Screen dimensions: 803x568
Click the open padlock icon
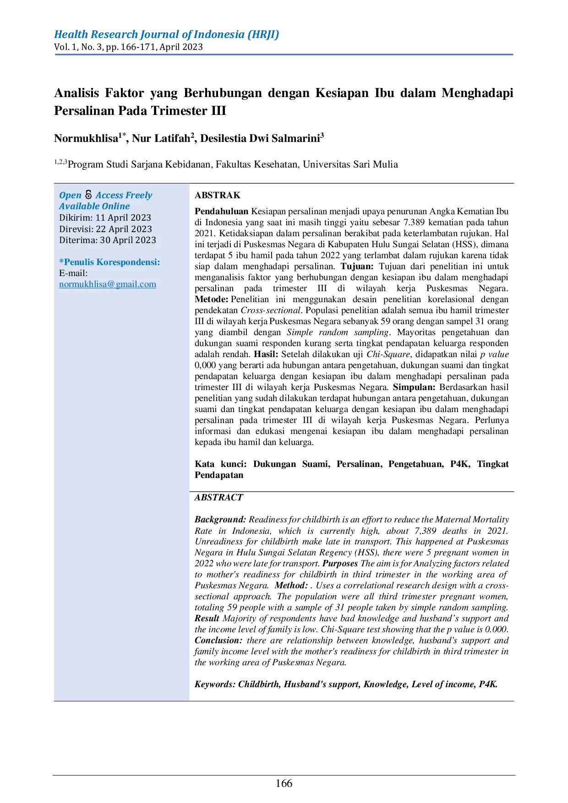pyautogui.click(x=88, y=195)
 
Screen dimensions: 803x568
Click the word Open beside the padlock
pyautogui.click(x=70, y=195)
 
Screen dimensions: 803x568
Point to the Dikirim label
pyautogui.click(x=76, y=218)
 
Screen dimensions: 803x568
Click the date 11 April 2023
pyautogui.click(x=123, y=218)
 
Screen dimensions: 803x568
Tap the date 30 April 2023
pyautogui.click(x=128, y=240)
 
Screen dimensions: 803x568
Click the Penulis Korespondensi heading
pyautogui.click(x=109, y=262)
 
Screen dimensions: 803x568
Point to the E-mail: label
pyautogui.click(x=73, y=273)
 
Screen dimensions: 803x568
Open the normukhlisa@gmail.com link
pyautogui.click(x=108, y=284)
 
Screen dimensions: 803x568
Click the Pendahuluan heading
pyautogui.click(x=221, y=212)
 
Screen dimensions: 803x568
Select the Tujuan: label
pyautogui.click(x=357, y=266)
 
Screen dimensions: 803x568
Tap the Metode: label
pyautogui.click(x=211, y=299)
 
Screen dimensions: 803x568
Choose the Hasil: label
pyautogui.click(x=266, y=354)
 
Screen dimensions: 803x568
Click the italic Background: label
pyautogui.click(x=220, y=520)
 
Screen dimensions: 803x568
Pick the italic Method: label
pyautogui.click(x=291, y=586)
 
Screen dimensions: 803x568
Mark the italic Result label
pyautogui.click(x=207, y=619)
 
